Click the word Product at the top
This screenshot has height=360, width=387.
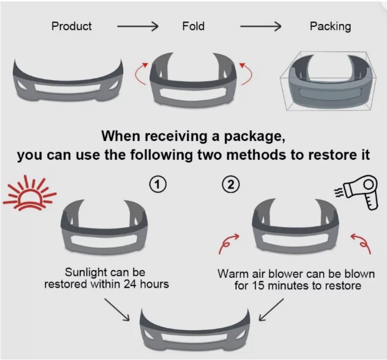[x=72, y=26]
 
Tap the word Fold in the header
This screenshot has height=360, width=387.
[x=193, y=26]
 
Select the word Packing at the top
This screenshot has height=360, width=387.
[x=330, y=26]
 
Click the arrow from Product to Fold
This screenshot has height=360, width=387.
[x=137, y=26]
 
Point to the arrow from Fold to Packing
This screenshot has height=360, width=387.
[x=261, y=26]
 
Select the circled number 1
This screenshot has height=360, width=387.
[x=158, y=184]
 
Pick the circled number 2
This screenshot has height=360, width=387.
[x=231, y=184]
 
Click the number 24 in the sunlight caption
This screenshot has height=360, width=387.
[x=130, y=284]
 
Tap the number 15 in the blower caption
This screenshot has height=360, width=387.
[x=259, y=286]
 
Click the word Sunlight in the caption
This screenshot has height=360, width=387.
[x=85, y=273]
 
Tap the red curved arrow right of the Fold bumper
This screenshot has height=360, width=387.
[x=247, y=74]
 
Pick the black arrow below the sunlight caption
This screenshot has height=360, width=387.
[x=117, y=309]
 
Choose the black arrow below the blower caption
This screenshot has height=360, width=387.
[x=271, y=309]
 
